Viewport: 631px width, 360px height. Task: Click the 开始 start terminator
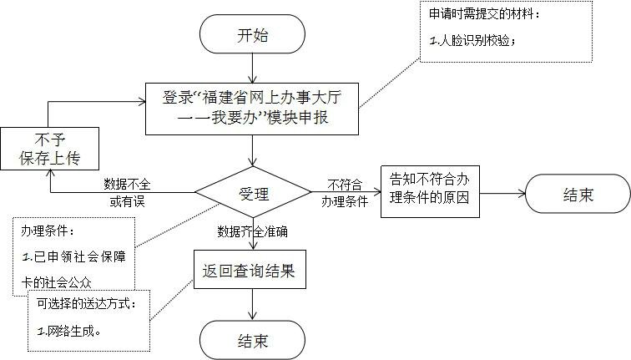(x=252, y=35)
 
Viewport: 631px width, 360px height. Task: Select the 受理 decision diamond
(x=254, y=195)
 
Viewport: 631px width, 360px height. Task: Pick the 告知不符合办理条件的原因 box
(x=430, y=190)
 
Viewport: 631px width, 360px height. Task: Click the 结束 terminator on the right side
(x=578, y=195)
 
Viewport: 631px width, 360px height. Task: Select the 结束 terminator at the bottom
(x=252, y=340)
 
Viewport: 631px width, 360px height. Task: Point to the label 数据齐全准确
(x=251, y=231)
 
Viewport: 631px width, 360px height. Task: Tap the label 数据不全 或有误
(x=128, y=192)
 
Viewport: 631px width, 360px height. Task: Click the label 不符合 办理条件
(x=345, y=192)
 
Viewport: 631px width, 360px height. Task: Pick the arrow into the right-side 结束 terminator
(x=502, y=194)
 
